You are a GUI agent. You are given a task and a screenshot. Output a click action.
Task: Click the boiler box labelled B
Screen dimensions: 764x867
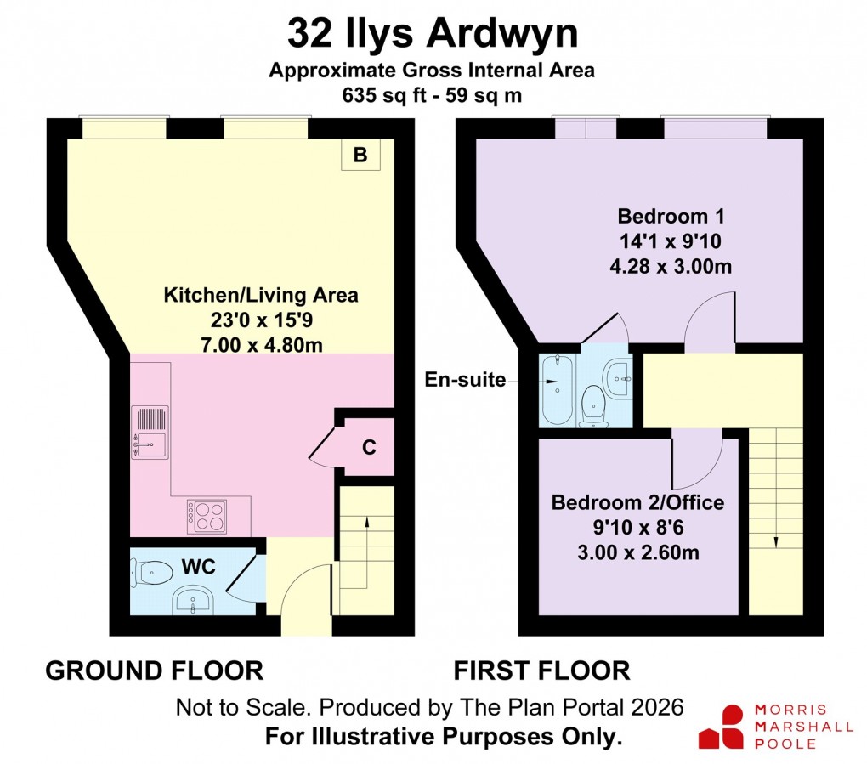[360, 156]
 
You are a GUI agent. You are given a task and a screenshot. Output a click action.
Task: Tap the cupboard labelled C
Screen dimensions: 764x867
[369, 447]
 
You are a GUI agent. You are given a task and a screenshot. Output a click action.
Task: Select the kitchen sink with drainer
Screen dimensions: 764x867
[150, 433]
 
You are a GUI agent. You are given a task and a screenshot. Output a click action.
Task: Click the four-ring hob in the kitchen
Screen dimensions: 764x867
[208, 515]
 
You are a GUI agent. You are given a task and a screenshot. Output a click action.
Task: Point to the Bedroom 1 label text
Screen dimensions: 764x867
[671, 214]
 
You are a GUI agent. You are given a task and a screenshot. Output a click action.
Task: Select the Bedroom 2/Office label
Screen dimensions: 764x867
[637, 502]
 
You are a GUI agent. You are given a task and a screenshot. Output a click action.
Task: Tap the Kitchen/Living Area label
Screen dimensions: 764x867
[260, 296]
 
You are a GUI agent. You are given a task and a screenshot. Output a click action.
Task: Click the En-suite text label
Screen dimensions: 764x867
[465, 380]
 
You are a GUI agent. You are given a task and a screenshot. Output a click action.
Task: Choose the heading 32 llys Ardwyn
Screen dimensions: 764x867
[433, 35]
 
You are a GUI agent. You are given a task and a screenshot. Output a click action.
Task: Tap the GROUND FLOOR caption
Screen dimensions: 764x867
[154, 671]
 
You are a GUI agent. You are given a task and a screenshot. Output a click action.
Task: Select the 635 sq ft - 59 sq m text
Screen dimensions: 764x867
[432, 96]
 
